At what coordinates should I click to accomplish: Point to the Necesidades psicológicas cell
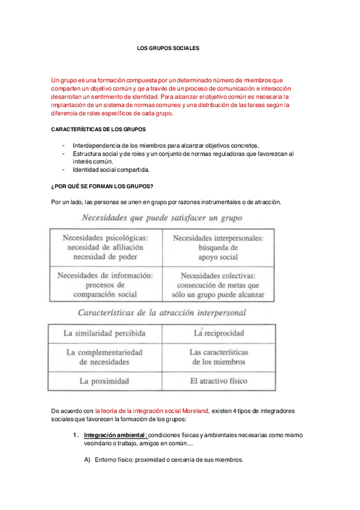point(106,247)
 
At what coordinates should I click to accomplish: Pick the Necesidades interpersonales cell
point(218,247)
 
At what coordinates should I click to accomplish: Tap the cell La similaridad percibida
point(105,333)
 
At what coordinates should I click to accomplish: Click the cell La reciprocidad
point(218,333)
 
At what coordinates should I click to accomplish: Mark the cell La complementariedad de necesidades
point(105,357)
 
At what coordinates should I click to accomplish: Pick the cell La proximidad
point(105,381)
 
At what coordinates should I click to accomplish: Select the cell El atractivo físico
point(218,381)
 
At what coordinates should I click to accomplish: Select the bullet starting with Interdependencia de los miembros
point(165,146)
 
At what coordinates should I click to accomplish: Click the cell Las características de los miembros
point(218,357)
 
